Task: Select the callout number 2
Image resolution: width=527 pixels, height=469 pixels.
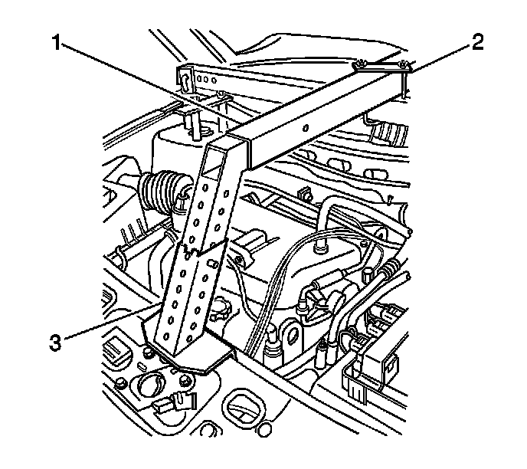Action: (477, 43)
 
